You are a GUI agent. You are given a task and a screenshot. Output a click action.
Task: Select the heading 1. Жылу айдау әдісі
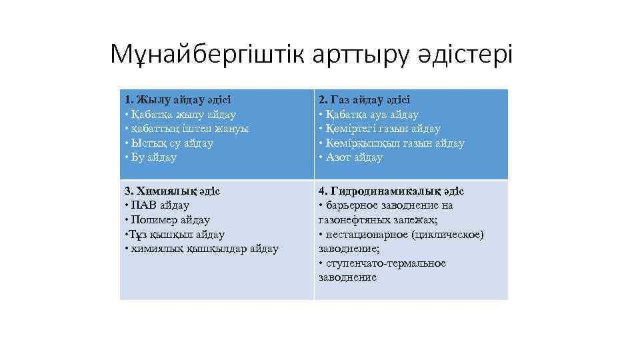177,100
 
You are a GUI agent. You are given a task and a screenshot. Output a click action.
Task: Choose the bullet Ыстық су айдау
169,143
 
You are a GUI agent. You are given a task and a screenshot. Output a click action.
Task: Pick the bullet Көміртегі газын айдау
379,129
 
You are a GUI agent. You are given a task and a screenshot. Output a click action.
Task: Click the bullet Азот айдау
351,158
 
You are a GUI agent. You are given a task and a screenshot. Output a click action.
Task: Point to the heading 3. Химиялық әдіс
172,191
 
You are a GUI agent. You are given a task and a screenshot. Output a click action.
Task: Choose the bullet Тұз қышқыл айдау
175,235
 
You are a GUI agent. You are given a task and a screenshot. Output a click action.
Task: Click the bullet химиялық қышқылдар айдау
201,249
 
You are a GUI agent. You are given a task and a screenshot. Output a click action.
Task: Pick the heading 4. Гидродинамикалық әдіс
391,191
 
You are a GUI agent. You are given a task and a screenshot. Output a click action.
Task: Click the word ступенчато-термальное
385,263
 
